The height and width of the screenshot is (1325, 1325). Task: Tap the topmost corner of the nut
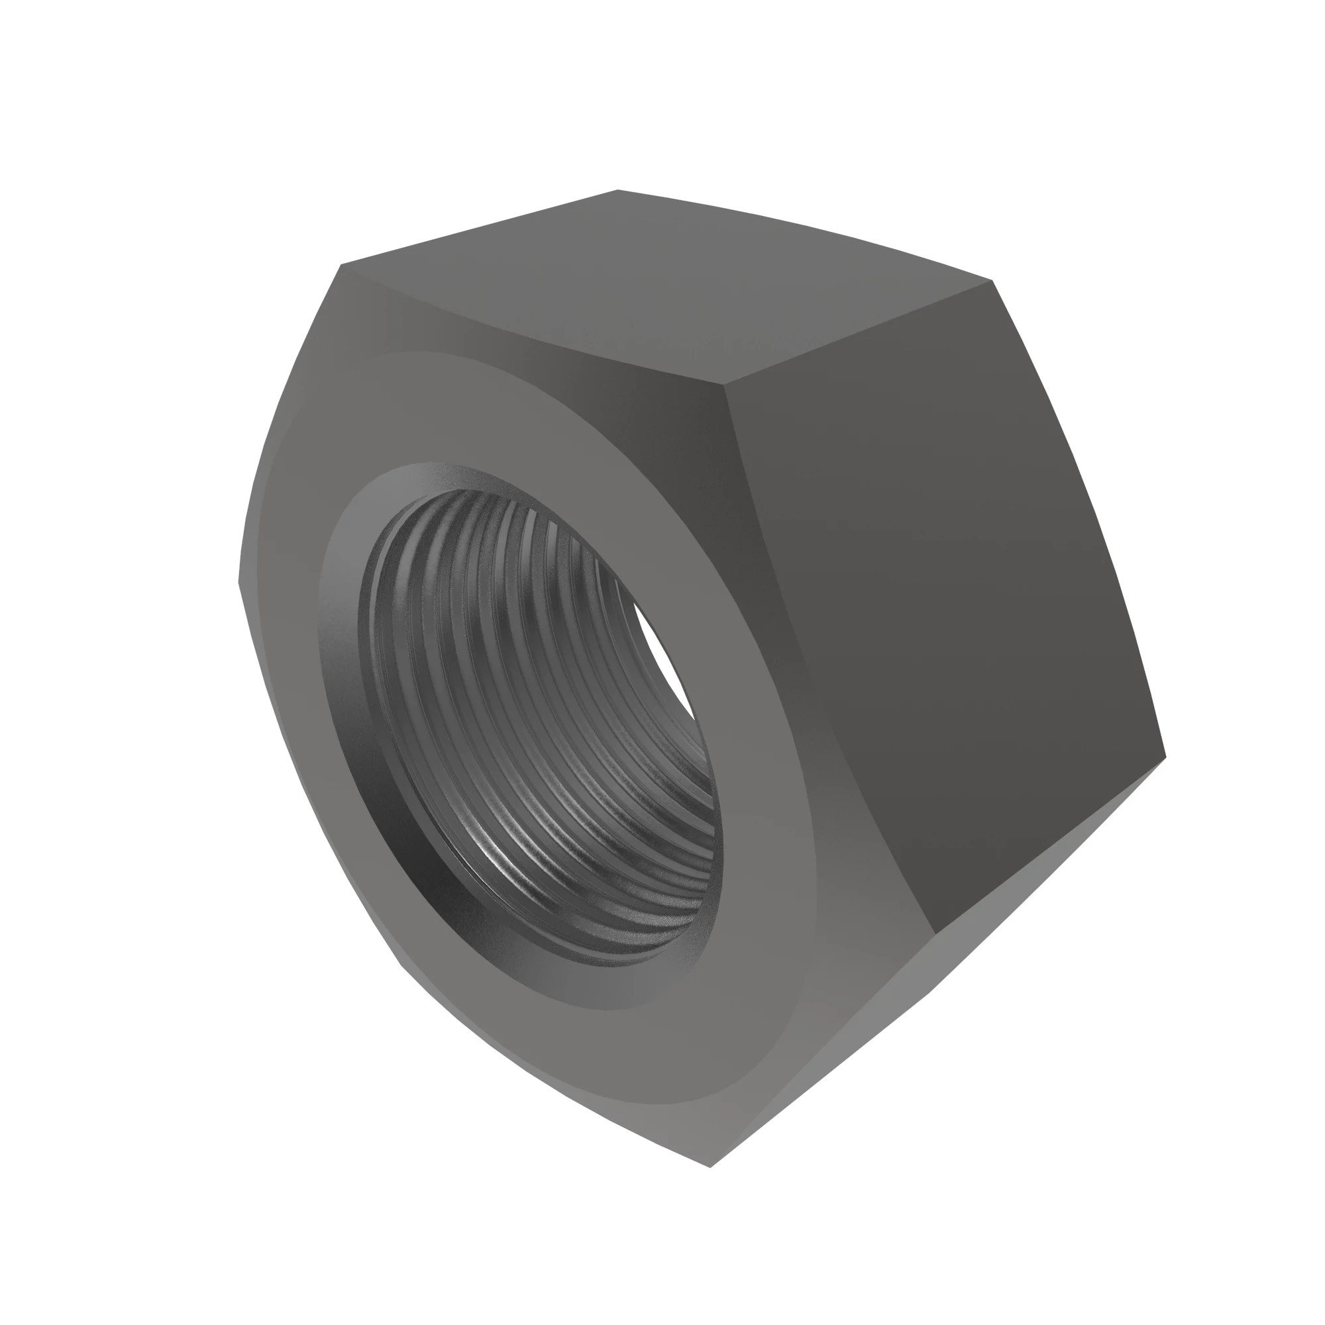617,190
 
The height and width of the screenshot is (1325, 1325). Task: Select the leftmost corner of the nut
238,583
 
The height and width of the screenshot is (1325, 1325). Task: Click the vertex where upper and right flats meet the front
725,386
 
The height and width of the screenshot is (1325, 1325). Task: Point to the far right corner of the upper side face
992,280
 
